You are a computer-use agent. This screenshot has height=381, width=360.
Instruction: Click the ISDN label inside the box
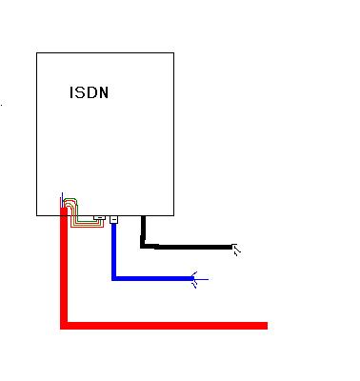tap(89, 92)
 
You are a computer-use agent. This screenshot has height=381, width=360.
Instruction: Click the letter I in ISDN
tap(71, 92)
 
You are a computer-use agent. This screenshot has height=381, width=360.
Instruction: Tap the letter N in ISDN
tap(104, 92)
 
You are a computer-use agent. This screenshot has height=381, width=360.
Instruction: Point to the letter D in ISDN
tap(92, 92)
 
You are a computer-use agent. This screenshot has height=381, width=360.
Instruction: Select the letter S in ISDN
tap(80, 92)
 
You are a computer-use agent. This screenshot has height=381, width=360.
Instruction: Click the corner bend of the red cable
tap(64, 326)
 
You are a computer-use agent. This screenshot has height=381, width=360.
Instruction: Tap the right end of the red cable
tap(266, 326)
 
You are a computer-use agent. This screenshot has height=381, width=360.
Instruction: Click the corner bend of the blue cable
tap(114, 278)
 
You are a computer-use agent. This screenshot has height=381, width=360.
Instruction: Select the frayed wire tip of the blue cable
tap(199, 280)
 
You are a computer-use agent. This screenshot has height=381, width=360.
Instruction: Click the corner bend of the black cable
tap(143, 246)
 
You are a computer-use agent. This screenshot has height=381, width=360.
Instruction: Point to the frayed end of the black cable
tap(235, 250)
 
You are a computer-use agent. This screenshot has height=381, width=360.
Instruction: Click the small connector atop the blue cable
tap(113, 219)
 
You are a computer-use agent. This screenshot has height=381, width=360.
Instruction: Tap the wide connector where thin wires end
tap(100, 218)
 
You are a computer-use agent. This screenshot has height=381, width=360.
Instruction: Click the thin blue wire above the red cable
tap(62, 200)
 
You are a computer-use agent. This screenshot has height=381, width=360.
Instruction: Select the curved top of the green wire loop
tap(70, 199)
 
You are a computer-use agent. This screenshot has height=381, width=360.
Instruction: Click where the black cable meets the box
tap(143, 216)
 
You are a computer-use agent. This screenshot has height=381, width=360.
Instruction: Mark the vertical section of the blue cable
tap(114, 251)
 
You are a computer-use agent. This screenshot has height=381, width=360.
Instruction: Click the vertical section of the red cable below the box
tap(64, 270)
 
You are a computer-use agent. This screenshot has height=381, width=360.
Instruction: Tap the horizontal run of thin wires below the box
tap(89, 224)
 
